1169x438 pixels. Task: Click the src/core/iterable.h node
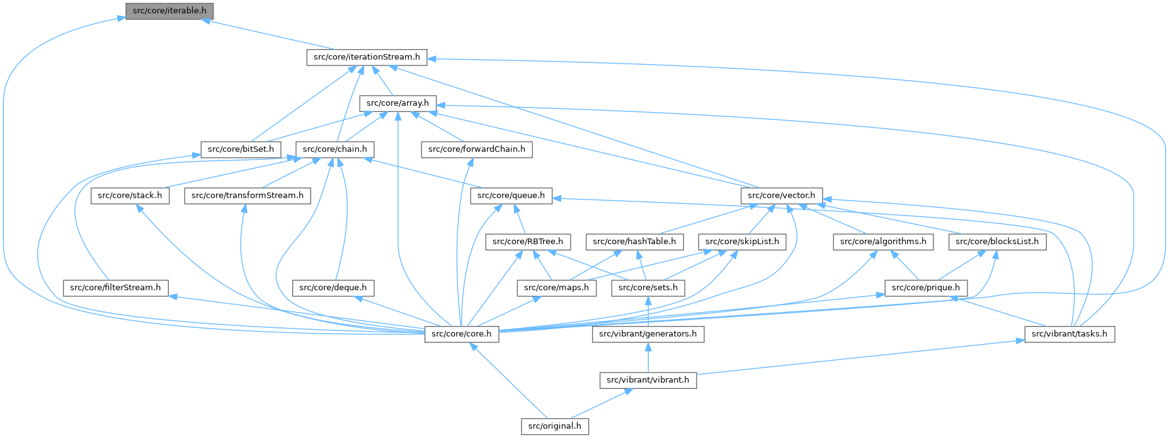click(169, 11)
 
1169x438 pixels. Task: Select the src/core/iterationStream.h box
click(367, 57)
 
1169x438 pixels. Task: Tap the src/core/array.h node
click(397, 103)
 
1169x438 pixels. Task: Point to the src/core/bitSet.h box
click(241, 149)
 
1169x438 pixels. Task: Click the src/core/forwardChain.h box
click(476, 149)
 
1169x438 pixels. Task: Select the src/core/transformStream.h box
click(247, 195)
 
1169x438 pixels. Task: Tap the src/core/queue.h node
click(511, 195)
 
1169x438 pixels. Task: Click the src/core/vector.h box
click(782, 195)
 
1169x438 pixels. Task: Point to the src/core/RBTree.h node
click(528, 241)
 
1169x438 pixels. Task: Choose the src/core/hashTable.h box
click(634, 241)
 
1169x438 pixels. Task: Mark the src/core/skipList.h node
click(742, 241)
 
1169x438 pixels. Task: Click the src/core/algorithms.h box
click(883, 241)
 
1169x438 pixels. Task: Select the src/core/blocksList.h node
click(997, 241)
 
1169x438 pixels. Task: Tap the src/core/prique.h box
click(926, 288)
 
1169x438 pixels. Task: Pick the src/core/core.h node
click(462, 334)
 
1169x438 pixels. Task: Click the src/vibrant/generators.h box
click(648, 334)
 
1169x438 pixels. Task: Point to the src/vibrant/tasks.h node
click(1069, 334)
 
